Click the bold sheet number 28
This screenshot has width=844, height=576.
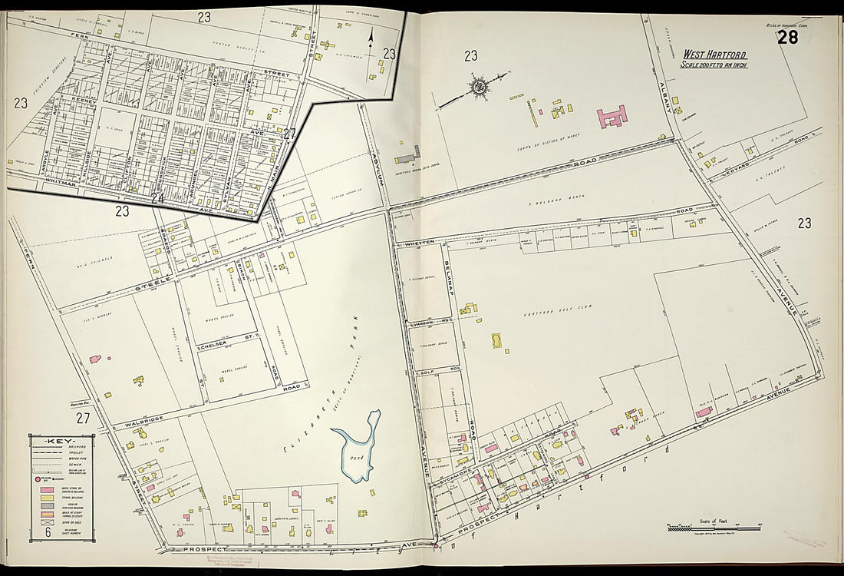788,38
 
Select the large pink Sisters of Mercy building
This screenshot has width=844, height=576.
612,117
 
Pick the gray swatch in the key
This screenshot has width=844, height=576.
48,506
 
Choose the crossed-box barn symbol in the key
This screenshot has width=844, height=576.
48,522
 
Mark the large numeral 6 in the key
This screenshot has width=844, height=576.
48,532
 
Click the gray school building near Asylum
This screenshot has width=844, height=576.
407,158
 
